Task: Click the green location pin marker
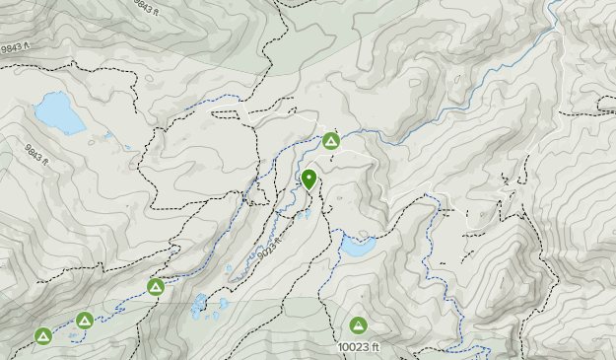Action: (x=308, y=179)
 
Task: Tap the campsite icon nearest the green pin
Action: (x=331, y=141)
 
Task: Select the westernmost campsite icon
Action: (x=43, y=336)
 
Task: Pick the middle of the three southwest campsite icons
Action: (x=85, y=321)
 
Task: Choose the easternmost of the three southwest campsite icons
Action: (x=156, y=287)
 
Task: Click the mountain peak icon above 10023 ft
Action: (x=358, y=324)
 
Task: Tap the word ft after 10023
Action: (x=373, y=347)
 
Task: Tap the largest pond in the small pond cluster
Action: (x=201, y=304)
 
